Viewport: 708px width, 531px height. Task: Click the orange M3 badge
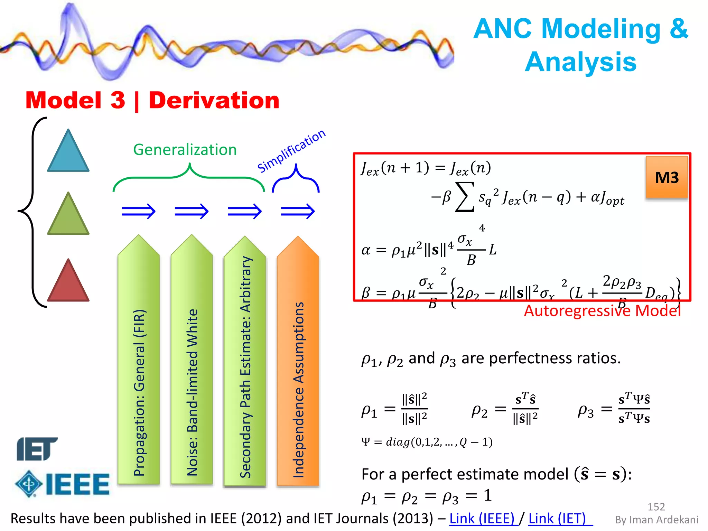pyautogui.click(x=667, y=178)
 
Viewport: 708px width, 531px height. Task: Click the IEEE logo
pyautogui.click(x=63, y=484)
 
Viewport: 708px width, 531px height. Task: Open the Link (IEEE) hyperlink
pyautogui.click(x=483, y=519)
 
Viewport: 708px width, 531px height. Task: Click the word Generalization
pyautogui.click(x=185, y=150)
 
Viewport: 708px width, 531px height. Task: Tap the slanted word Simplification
pyautogui.click(x=291, y=151)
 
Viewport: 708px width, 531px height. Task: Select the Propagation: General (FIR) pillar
pyautogui.click(x=139, y=363)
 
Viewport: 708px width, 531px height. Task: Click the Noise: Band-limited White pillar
pyautogui.click(x=192, y=363)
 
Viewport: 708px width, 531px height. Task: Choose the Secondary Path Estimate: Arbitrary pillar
pyautogui.click(x=245, y=363)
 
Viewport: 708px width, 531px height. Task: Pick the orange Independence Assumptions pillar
pyautogui.click(x=298, y=363)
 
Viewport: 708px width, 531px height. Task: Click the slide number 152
pyautogui.click(x=656, y=507)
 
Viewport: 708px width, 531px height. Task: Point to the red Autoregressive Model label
pyautogui.click(x=602, y=311)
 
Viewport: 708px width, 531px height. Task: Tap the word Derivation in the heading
pyautogui.click(x=214, y=101)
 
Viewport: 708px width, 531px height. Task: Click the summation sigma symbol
pyautogui.click(x=465, y=197)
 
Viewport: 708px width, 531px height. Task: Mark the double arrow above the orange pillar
pyautogui.click(x=298, y=211)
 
